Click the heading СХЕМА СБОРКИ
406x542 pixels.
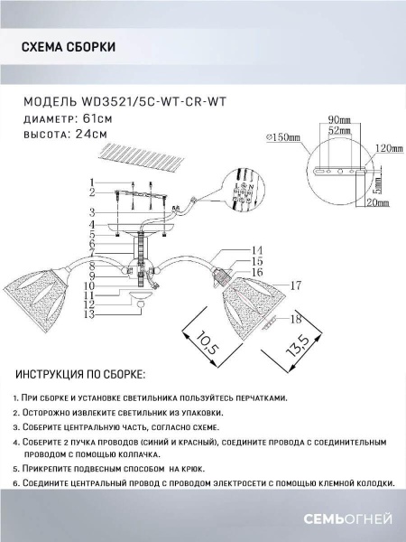67,48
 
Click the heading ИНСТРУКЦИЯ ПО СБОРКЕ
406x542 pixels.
81,374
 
